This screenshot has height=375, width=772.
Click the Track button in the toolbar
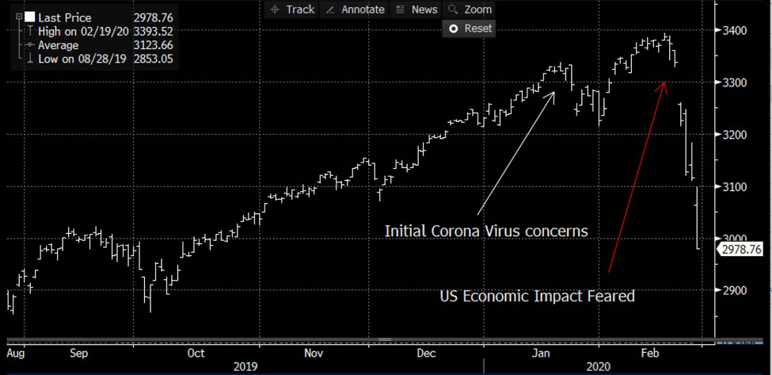tap(292, 10)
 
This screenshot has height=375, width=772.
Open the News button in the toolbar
tap(416, 10)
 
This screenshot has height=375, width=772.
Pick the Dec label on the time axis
tap(427, 353)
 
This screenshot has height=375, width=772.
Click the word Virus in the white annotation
tap(496, 231)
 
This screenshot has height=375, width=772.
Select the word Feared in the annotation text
tap(610, 297)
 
